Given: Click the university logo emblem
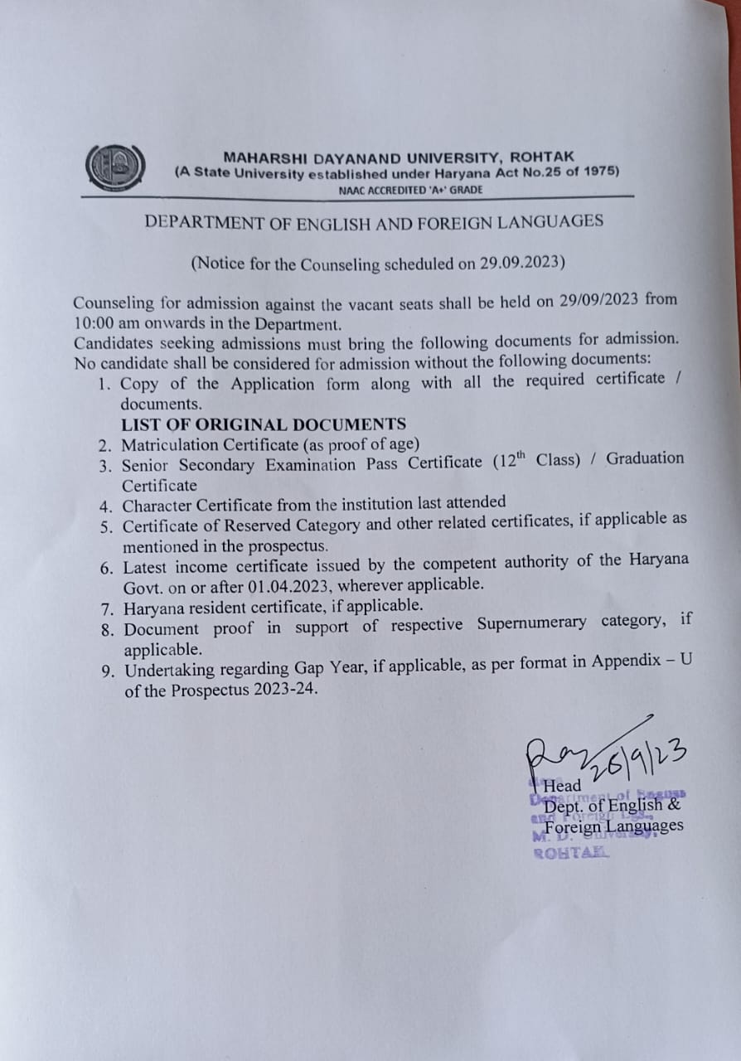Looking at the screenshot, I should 115,168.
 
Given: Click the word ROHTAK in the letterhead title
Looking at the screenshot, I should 542,157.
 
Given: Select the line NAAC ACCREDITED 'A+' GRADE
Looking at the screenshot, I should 410,190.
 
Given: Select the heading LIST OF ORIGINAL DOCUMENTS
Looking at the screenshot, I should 264,424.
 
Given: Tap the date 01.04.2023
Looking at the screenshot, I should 290,587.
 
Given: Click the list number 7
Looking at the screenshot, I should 106,608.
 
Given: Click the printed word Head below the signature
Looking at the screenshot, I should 562,785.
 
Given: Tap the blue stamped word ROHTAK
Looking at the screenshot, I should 572,853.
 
